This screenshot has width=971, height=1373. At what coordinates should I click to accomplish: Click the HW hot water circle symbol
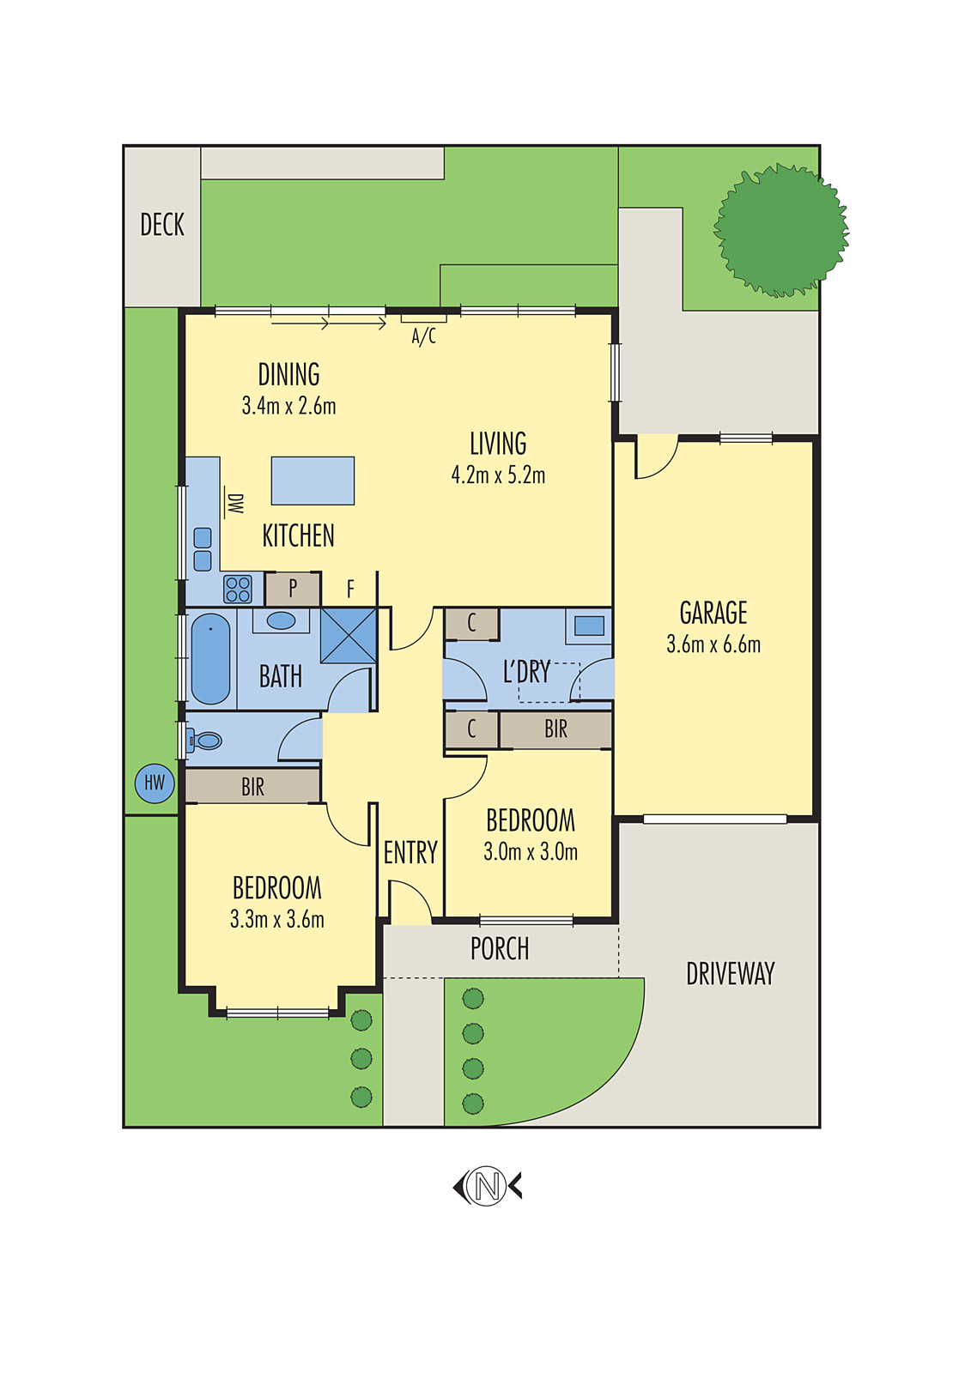(155, 783)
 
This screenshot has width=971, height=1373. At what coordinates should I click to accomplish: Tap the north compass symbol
(487, 1187)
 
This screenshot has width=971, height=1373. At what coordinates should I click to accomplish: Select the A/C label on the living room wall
(424, 336)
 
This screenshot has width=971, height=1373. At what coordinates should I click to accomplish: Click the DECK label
(162, 225)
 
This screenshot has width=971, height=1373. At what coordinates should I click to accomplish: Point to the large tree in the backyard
(780, 230)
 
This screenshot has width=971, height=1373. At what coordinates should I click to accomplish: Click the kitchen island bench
(313, 481)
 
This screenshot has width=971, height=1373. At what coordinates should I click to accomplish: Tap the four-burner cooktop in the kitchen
(238, 590)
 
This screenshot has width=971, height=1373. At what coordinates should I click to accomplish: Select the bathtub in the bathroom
(210, 659)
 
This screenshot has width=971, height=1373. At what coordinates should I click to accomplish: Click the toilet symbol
(205, 740)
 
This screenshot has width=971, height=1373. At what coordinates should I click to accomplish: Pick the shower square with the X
(349, 636)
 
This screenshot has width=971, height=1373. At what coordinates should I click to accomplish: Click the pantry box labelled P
(293, 589)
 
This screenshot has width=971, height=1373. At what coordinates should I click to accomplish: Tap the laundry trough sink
(589, 626)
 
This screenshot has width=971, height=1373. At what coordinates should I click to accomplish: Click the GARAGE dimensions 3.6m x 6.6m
(713, 644)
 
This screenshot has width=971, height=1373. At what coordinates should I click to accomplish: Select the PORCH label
(500, 949)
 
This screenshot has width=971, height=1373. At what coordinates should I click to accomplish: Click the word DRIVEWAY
(730, 974)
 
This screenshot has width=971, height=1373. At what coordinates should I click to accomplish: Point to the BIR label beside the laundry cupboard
(555, 729)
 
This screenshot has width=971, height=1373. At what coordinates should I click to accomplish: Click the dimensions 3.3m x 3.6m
(277, 920)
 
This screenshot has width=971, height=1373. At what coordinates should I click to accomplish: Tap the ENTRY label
(410, 853)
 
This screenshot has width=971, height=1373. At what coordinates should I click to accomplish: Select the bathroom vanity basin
(281, 620)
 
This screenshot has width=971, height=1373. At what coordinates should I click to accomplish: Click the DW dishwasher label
(234, 503)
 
